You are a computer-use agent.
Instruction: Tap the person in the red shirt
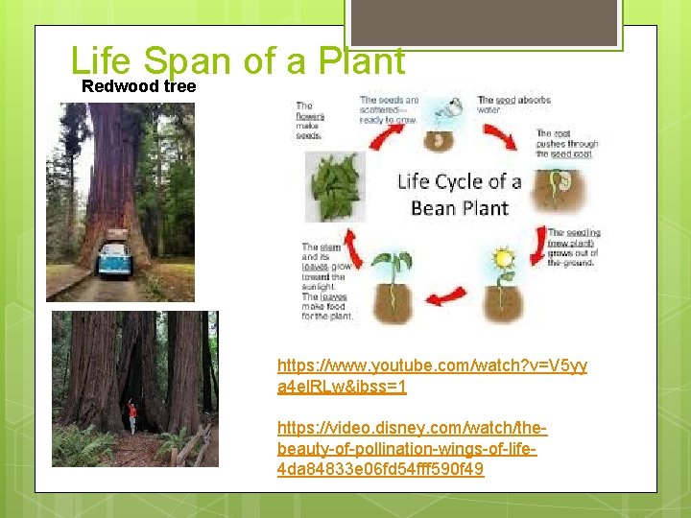click(132, 415)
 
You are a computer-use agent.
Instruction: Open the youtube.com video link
click(432, 376)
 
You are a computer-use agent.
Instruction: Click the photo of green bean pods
click(335, 186)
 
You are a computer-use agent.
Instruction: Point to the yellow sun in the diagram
click(501, 259)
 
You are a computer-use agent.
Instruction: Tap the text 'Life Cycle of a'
click(459, 181)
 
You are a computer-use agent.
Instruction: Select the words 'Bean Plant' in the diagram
click(459, 206)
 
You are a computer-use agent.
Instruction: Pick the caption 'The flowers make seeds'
click(309, 121)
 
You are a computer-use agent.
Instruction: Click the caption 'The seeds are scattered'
click(389, 108)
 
